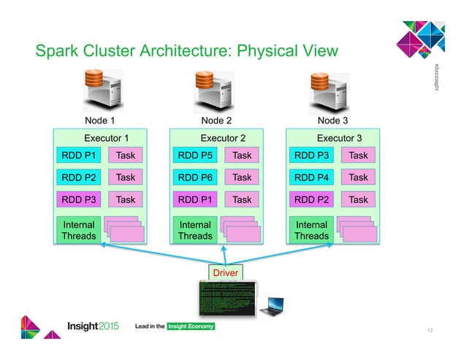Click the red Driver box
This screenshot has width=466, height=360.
point(226,272)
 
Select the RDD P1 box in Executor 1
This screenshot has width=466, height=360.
point(79,156)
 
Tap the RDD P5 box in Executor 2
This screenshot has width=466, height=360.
point(195,156)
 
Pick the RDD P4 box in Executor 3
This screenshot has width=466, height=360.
point(312,177)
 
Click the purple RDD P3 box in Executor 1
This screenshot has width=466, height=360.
point(79,199)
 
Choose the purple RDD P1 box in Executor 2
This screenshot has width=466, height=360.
point(195,199)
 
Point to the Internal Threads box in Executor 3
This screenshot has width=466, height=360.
point(312,230)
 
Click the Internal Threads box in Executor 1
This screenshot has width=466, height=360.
point(79,230)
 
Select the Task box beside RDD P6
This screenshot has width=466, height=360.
point(242,177)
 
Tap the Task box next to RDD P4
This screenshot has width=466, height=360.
point(358,177)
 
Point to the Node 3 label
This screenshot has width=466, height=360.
point(333,120)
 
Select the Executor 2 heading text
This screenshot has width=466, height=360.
point(223,137)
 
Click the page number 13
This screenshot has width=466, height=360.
point(430,331)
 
